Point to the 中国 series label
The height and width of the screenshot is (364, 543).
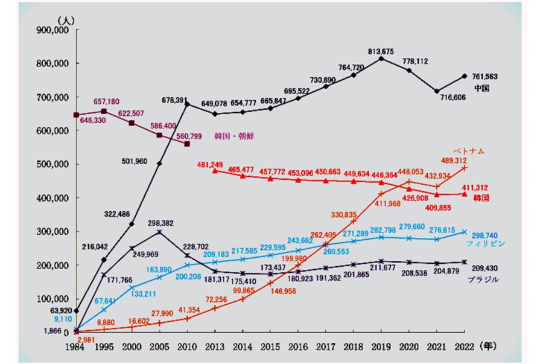tap(481, 88)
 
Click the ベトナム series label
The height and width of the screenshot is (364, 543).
tap(470, 151)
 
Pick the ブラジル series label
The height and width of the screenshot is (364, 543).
tap(482, 280)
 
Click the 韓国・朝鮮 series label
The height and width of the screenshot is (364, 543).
tap(235, 136)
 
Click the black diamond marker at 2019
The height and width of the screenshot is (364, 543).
tap(381, 59)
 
